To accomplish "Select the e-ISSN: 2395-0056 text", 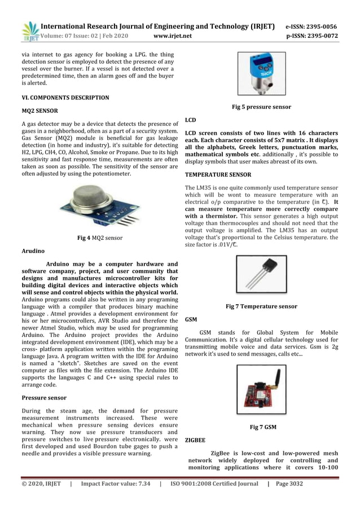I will point(311,27).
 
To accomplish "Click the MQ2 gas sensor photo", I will point(99,207).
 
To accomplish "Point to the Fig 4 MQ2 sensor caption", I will point(99,238).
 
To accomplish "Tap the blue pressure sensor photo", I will point(261,74).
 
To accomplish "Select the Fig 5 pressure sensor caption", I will point(261,107).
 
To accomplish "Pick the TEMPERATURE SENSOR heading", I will point(218,175).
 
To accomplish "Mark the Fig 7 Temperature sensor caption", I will point(261,306).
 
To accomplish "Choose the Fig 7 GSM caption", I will point(263,427).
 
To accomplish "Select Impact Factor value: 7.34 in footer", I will point(116,484).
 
